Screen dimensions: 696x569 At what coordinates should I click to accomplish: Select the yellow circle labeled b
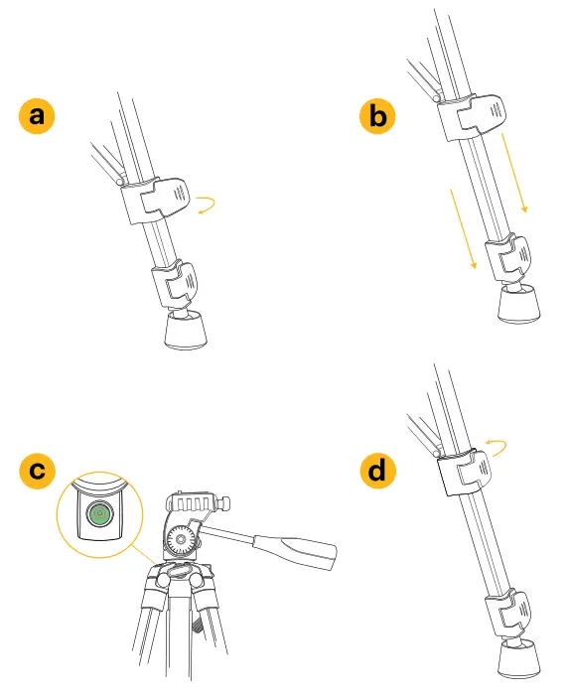point(377,116)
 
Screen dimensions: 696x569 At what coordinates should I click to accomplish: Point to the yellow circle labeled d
point(377,471)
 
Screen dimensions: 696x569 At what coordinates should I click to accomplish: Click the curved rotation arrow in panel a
point(209,206)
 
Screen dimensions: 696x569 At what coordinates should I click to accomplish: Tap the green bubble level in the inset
point(98,514)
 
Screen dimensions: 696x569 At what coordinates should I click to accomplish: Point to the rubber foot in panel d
point(520,658)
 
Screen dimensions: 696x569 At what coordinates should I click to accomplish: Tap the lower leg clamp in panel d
point(508,613)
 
